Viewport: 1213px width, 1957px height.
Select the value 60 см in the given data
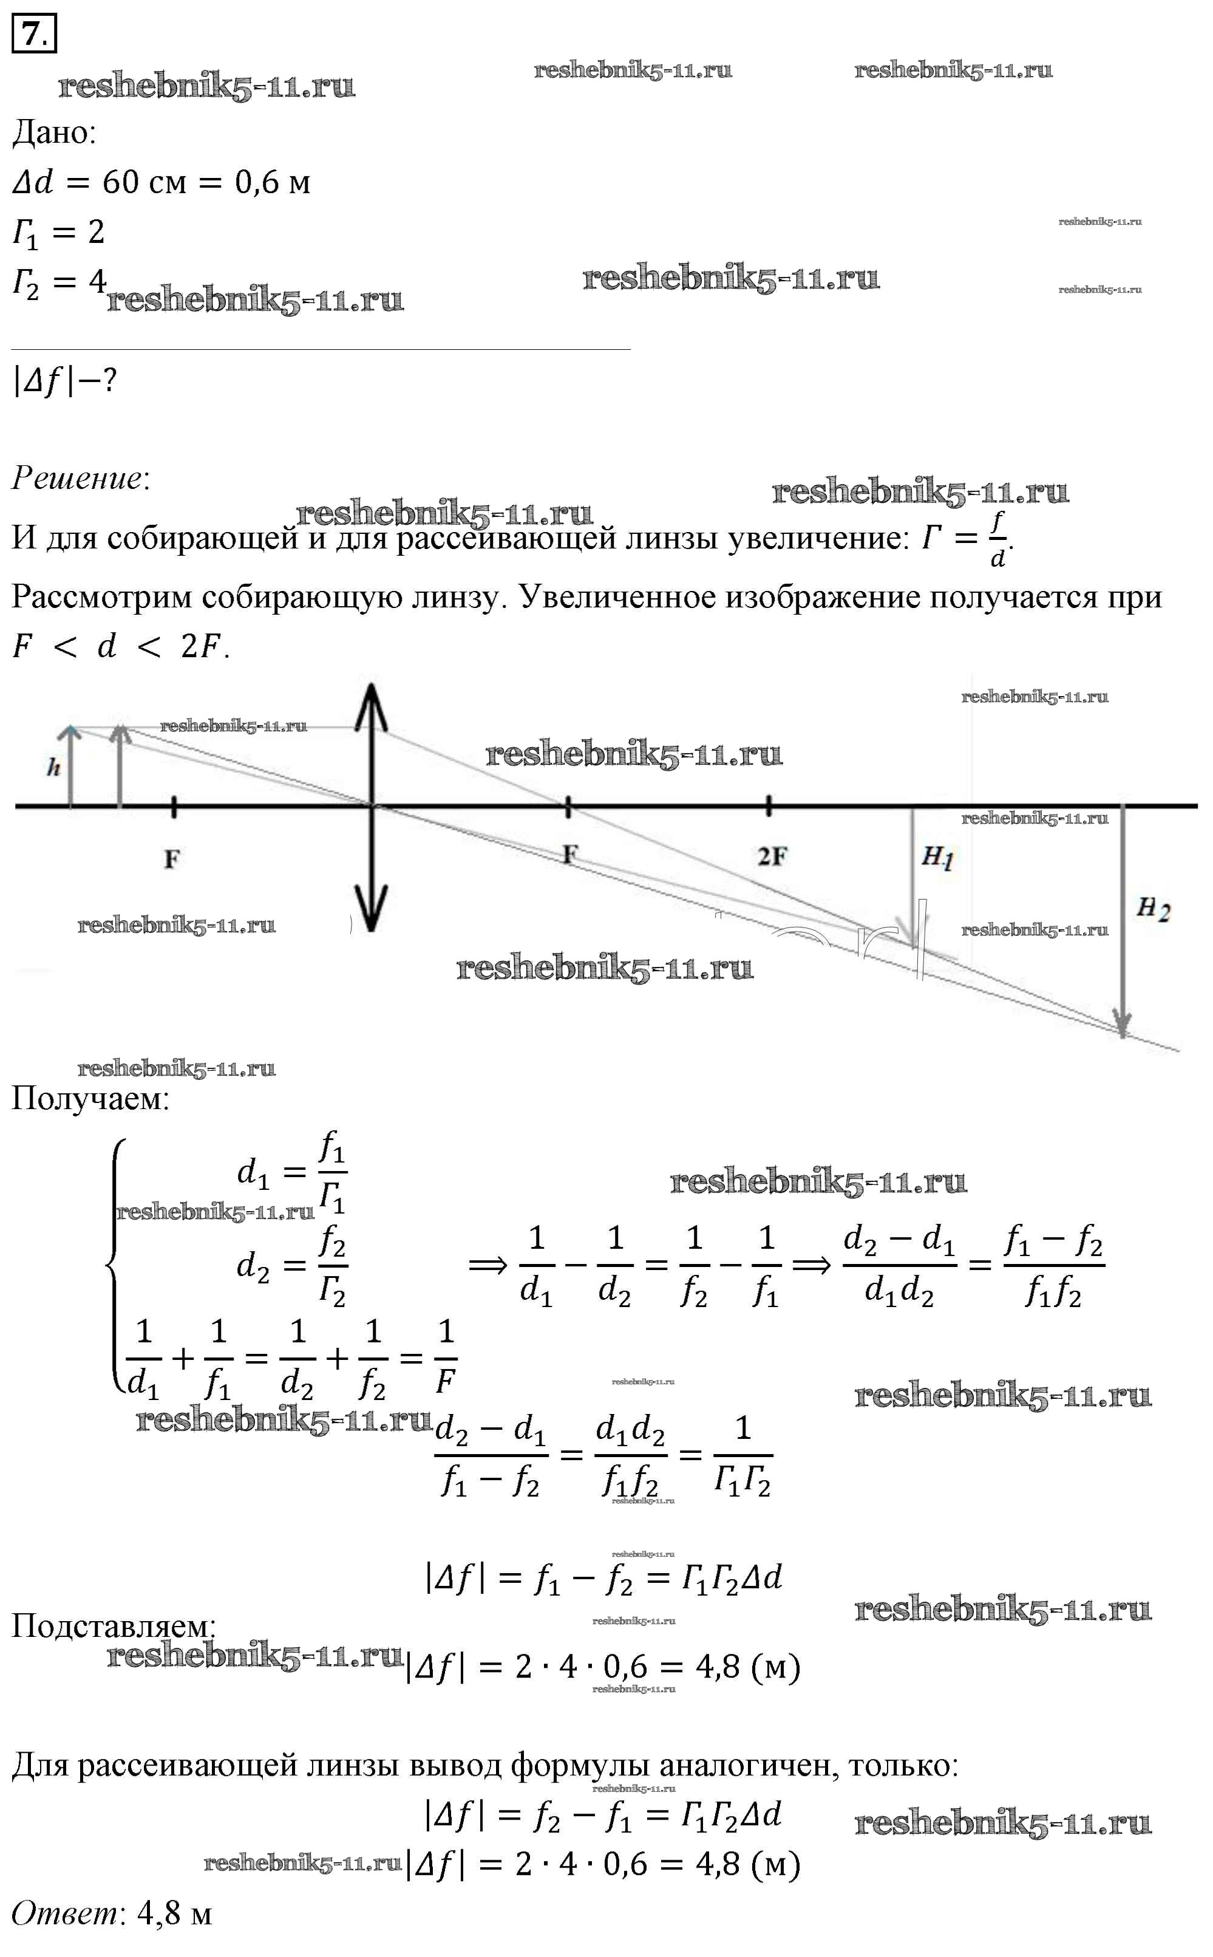144,183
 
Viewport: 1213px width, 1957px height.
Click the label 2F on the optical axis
772,857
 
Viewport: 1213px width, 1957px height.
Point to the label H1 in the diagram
937,857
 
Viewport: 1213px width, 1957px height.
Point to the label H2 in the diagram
1153,909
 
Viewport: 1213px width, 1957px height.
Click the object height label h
53,768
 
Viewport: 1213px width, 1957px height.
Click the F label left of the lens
172,859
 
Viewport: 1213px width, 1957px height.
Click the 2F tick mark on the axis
769,805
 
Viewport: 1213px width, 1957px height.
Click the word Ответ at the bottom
64,1914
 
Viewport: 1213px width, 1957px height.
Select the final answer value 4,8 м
175,1914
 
